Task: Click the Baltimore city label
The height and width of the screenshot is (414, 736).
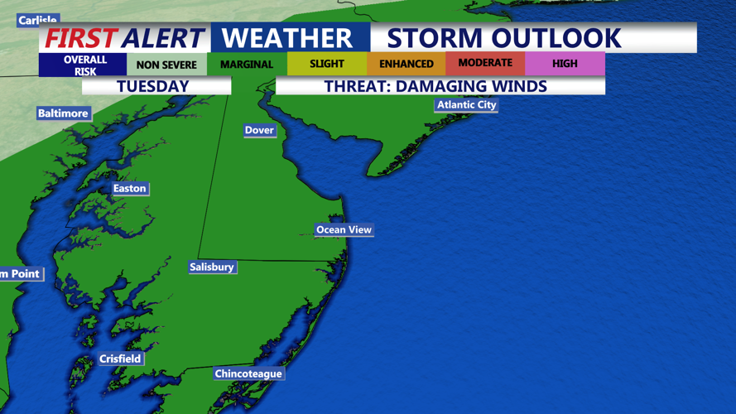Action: pos(63,113)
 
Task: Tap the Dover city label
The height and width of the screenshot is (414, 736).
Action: pos(259,130)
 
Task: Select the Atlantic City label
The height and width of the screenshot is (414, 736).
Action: pos(466,105)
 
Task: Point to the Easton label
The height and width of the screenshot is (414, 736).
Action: pos(129,189)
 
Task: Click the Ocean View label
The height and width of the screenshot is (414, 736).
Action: pos(344,229)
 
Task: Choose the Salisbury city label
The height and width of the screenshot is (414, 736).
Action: pos(212,267)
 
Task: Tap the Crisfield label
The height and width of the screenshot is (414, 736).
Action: pos(120,359)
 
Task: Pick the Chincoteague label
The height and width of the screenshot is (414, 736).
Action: pos(248,373)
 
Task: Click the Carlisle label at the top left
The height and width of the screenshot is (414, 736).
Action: pos(37,20)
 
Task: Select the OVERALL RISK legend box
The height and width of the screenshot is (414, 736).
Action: pos(85,65)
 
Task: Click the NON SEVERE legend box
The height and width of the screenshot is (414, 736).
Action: pos(166,65)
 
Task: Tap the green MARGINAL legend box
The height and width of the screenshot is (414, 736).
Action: pos(247,65)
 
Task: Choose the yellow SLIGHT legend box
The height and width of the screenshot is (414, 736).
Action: pos(327,64)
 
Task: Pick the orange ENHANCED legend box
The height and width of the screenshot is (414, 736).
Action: pos(406,64)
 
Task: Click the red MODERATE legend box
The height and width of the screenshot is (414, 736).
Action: pos(485,63)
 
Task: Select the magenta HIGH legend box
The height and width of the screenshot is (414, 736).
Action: pos(565,64)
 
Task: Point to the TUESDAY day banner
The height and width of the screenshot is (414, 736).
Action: pos(153,86)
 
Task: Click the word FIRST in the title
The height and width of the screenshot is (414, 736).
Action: pos(80,38)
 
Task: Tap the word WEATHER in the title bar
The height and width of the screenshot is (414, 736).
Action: pos(287,38)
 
